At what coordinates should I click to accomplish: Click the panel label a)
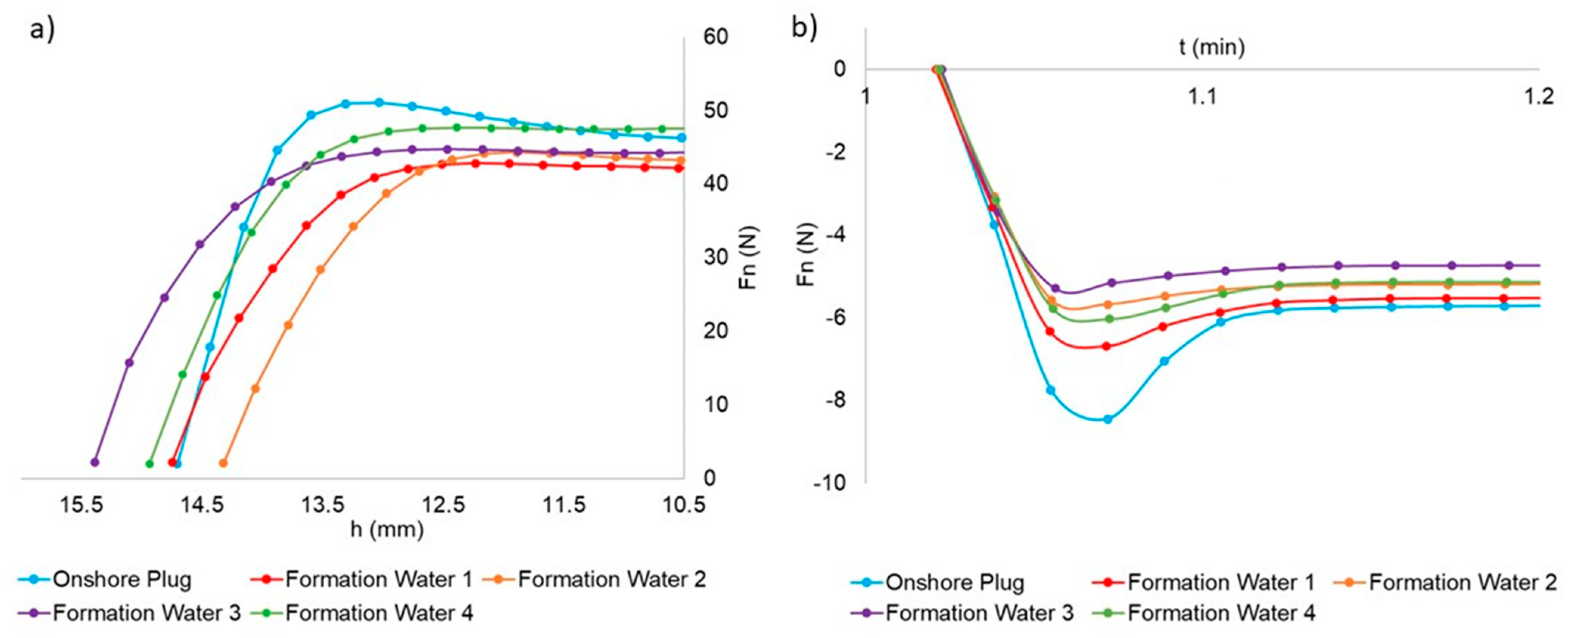[x=42, y=29]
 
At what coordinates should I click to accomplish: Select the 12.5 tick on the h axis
[x=445, y=505]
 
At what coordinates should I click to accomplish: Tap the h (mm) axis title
[x=387, y=530]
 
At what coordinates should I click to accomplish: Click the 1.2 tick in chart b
[x=1538, y=96]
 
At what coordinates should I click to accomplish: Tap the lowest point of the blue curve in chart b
[x=1107, y=419]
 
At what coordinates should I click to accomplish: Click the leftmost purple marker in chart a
[x=95, y=462]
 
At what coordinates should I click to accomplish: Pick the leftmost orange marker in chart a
[x=223, y=463]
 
